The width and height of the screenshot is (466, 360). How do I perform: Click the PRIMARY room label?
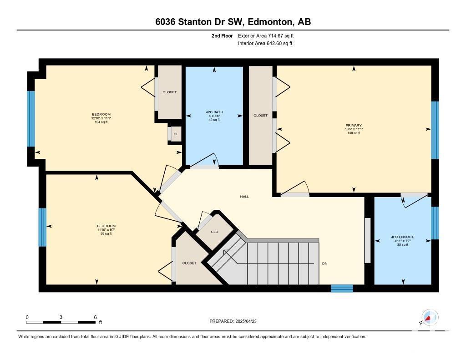coord(353,126)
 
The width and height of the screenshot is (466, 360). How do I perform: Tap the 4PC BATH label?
coord(214,112)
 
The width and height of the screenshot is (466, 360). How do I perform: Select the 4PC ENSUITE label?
coord(403,237)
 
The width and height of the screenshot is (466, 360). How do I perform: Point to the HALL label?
coord(244,197)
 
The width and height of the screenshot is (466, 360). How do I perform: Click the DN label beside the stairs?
coord(324,264)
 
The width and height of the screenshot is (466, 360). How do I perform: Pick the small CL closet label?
coord(176,134)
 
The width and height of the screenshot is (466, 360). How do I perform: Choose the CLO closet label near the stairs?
coord(215,232)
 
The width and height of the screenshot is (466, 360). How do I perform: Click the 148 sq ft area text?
coord(354,133)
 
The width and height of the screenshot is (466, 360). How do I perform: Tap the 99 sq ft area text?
coord(106,233)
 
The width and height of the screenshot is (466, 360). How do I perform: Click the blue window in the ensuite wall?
coord(435,223)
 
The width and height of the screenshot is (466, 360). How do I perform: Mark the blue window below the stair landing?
coord(342,288)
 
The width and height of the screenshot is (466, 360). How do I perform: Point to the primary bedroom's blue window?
coord(435,130)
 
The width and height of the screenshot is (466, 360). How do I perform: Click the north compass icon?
coord(430,317)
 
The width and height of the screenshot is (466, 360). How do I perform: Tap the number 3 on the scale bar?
coord(61,317)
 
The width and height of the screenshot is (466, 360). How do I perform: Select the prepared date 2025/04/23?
coord(246,321)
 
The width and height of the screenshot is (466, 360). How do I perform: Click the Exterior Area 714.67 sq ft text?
coord(266,36)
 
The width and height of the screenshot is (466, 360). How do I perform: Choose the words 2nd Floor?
coord(222,36)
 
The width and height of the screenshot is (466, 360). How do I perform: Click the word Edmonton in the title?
coord(269,22)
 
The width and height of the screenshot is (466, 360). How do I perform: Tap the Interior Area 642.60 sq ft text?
coord(265,43)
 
